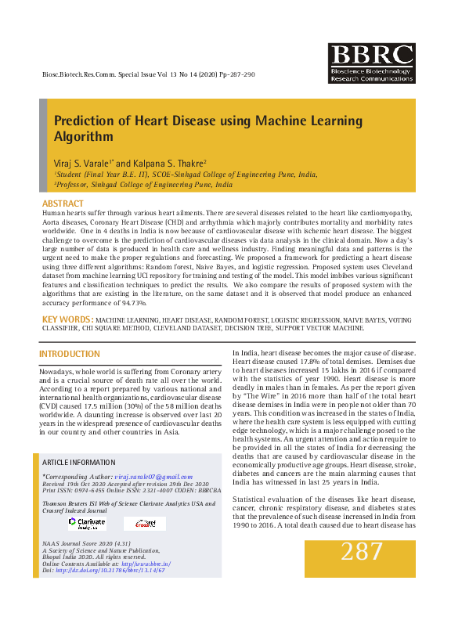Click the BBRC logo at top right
(370, 63)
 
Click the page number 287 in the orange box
(362, 552)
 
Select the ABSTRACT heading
(63, 204)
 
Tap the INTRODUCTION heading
(70, 355)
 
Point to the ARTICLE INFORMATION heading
(79, 463)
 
